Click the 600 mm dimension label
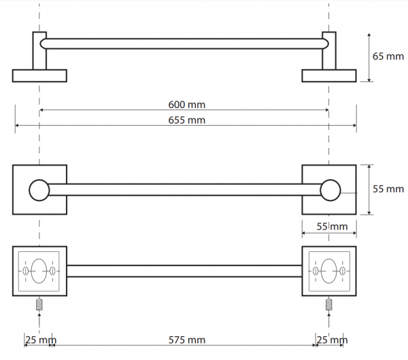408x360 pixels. [186, 105]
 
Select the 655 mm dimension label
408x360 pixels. [186, 120]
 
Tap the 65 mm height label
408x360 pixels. [388, 56]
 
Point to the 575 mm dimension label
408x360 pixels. [187, 340]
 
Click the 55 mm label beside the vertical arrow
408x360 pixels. [388, 189]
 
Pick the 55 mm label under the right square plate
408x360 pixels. [332, 226]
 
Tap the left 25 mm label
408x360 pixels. [41, 340]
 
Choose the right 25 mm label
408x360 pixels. [332, 340]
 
